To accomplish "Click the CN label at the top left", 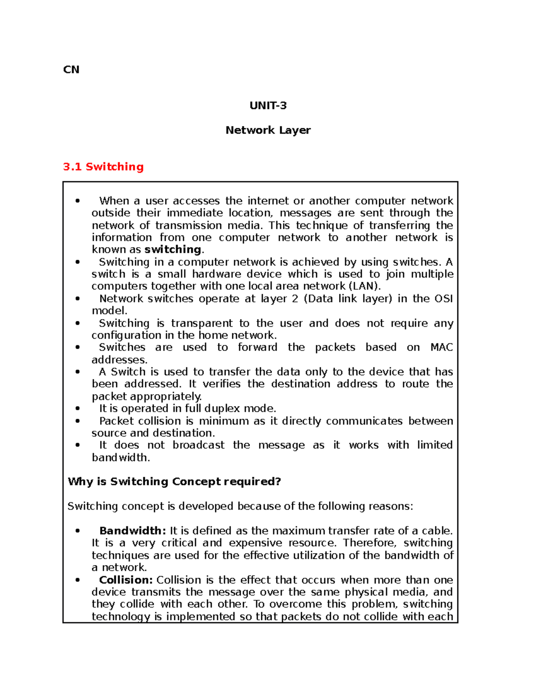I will pos(71,70).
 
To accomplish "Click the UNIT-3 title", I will pos(268,106).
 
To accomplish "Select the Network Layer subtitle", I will pos(268,130).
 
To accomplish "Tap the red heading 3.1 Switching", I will pos(103,167).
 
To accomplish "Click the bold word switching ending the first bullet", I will pos(173,249).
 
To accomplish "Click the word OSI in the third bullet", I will pos(444,299).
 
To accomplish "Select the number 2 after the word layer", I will pos(295,299).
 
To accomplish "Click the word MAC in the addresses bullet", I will pos(441,347).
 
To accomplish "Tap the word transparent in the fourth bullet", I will pos(201,323).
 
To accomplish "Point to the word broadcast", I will pos(198,445).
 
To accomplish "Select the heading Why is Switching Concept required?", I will pos(174,482).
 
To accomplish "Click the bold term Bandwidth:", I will pos(132,531).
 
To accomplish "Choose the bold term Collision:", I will pos(126,580).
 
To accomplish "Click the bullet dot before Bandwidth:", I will pos(78,531).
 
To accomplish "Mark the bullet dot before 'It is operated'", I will pos(78,408).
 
